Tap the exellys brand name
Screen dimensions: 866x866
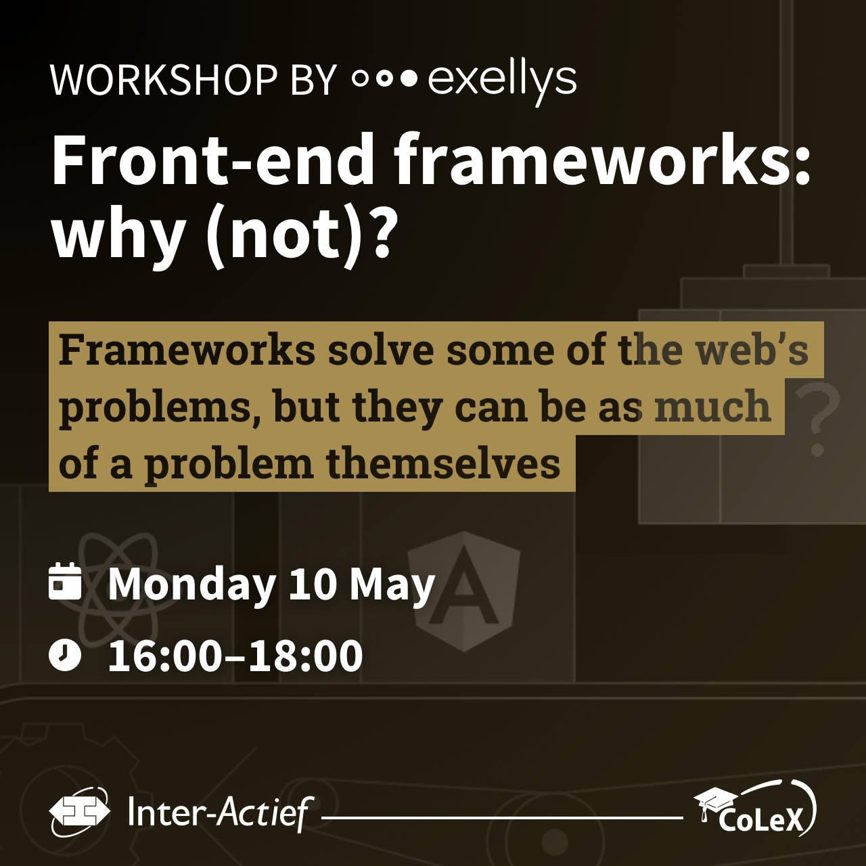click(x=502, y=83)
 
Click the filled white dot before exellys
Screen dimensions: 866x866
click(x=409, y=80)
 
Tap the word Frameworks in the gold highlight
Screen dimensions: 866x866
click(x=187, y=350)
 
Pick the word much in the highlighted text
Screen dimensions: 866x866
click(x=712, y=406)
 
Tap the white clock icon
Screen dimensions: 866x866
click(x=65, y=655)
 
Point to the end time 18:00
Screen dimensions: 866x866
click(x=306, y=656)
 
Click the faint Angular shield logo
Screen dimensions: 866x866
click(x=464, y=591)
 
